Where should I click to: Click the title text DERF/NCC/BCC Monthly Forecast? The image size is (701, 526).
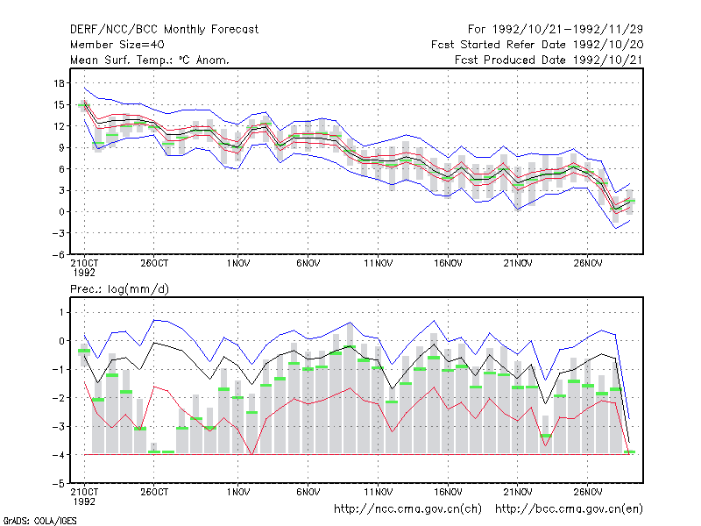point(164,30)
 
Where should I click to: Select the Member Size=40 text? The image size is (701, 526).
point(117,45)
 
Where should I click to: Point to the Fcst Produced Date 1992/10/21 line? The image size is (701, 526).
point(549,60)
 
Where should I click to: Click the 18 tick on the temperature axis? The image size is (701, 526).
point(59,83)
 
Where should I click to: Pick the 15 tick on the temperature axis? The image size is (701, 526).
point(59,105)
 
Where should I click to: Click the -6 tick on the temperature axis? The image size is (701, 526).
point(58,254)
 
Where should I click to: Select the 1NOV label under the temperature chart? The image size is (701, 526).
point(237,264)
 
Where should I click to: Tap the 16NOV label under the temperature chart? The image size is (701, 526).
point(448,264)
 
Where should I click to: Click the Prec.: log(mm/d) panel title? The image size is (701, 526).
point(119,289)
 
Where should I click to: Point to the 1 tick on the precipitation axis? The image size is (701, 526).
point(61,312)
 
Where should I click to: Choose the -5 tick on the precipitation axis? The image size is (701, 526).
point(58,484)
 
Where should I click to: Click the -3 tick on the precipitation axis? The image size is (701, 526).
point(58,426)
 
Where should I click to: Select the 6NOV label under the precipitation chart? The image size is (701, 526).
point(308,492)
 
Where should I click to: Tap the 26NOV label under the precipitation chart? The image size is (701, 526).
point(587,492)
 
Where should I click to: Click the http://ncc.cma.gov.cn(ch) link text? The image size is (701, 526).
point(407,509)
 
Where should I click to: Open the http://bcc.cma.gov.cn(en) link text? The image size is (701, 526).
point(569,509)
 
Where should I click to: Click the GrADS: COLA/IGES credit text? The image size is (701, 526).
point(39,521)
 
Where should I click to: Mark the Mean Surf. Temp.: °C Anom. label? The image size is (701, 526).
point(150,60)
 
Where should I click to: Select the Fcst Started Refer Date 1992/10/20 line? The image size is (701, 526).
point(537,45)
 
